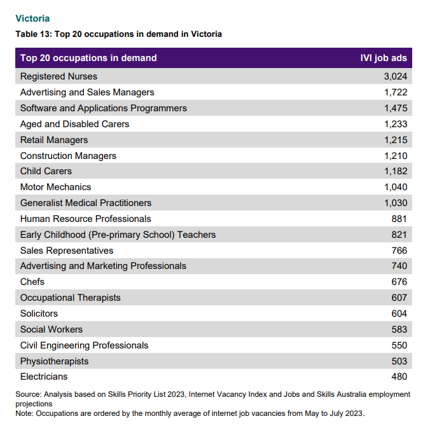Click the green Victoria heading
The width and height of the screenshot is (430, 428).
pyautogui.click(x=32, y=18)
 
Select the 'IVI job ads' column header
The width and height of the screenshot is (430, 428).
pyautogui.click(x=384, y=58)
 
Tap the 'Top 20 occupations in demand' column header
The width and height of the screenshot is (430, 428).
pyautogui.click(x=88, y=58)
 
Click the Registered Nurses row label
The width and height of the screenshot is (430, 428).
pyautogui.click(x=59, y=76)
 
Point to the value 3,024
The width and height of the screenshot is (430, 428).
pyautogui.click(x=396, y=76)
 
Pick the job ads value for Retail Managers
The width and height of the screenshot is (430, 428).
pyautogui.click(x=396, y=140)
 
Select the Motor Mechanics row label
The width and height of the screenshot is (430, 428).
pyautogui.click(x=56, y=187)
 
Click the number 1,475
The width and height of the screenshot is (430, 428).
pyautogui.click(x=396, y=108)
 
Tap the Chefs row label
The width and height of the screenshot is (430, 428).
pyautogui.click(x=32, y=282)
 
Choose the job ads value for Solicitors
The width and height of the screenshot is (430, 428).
pyautogui.click(x=399, y=314)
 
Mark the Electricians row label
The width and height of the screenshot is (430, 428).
pyautogui.click(x=44, y=376)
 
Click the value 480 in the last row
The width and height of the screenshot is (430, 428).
pyautogui.click(x=399, y=376)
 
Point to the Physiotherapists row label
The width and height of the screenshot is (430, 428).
pyautogui.click(x=54, y=361)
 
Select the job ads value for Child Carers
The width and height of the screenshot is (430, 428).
pyautogui.click(x=396, y=171)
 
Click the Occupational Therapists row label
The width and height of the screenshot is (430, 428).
pyautogui.click(x=71, y=298)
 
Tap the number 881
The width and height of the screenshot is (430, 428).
pyautogui.click(x=399, y=219)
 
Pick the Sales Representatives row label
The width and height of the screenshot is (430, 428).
pyautogui.click(x=67, y=251)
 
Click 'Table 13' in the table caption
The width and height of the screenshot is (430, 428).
pyautogui.click(x=33, y=34)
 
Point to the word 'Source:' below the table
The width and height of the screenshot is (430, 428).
pyautogui.click(x=29, y=394)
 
